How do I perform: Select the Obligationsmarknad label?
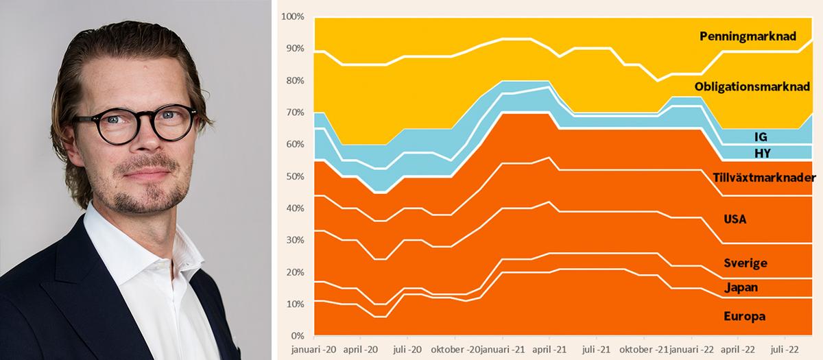click(x=752, y=87)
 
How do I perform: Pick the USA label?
click(x=735, y=219)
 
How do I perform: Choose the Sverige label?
click(x=745, y=263)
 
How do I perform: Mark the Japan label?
click(x=741, y=287)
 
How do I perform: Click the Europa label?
click(x=744, y=316)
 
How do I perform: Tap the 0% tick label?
click(x=297, y=336)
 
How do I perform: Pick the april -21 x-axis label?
click(x=549, y=349)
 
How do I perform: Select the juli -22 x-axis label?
click(x=785, y=349)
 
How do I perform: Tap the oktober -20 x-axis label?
click(x=454, y=349)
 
